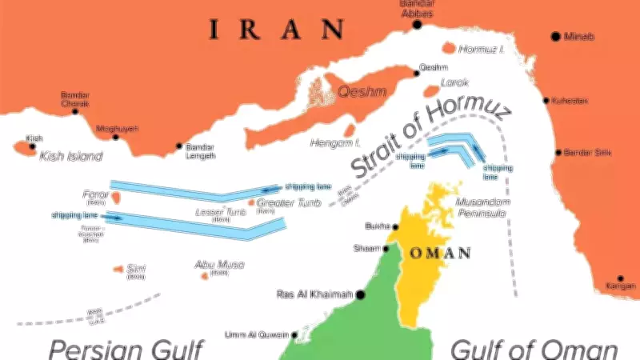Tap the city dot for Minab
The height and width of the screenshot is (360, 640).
point(554,37)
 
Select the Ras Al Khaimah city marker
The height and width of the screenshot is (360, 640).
point(361,294)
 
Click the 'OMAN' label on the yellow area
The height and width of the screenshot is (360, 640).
point(440,253)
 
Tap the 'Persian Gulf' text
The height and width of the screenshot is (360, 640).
point(126,349)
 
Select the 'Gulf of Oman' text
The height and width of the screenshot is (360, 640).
point(534,349)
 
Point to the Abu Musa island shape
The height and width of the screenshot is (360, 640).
point(205,276)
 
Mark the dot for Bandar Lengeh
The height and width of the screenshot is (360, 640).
point(179,146)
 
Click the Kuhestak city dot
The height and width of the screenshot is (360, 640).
point(546,100)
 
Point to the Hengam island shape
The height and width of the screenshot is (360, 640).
point(349,130)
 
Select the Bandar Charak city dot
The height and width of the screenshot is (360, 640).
point(75,111)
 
